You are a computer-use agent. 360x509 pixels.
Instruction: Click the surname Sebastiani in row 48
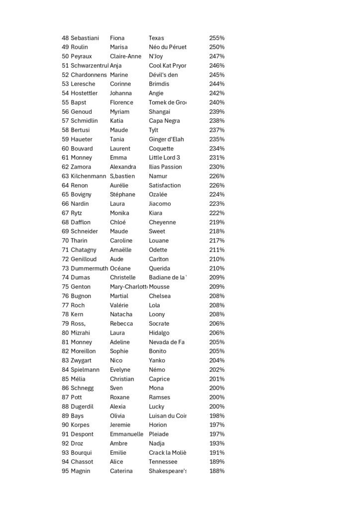click(x=85, y=38)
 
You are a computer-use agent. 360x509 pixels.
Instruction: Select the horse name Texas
click(x=156, y=38)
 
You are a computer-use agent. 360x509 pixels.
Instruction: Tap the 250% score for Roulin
click(x=217, y=47)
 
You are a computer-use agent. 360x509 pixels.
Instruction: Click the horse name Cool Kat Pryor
click(x=168, y=66)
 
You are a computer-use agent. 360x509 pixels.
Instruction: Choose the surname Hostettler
click(x=84, y=93)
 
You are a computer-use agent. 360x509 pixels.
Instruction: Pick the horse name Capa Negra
click(x=164, y=121)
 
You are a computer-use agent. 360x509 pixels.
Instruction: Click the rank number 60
click(x=65, y=149)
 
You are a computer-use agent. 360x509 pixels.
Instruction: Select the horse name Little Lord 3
click(x=164, y=158)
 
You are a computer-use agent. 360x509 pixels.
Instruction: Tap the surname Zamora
click(x=81, y=167)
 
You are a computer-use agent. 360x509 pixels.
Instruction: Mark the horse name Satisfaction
click(x=165, y=185)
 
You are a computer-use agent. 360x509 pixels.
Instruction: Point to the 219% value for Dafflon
click(x=217, y=222)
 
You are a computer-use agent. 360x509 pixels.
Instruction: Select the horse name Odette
click(x=158, y=250)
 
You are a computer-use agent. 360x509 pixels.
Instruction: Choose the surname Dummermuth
click(x=89, y=268)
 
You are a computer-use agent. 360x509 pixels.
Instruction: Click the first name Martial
click(x=119, y=296)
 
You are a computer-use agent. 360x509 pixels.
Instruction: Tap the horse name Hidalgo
click(x=159, y=333)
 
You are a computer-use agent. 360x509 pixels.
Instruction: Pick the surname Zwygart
click(x=82, y=360)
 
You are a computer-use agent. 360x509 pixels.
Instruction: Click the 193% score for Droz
click(x=217, y=443)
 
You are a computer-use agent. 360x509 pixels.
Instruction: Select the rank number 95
click(x=65, y=471)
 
